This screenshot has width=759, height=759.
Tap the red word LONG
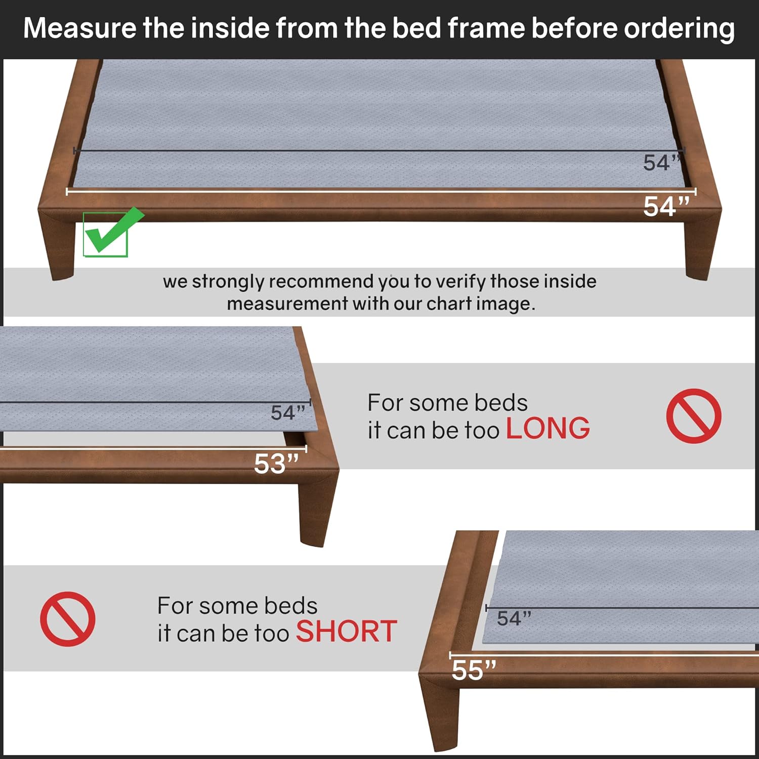pos(547,429)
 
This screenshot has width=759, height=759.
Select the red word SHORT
pos(346,631)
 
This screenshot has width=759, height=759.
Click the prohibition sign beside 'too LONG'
pos(693,416)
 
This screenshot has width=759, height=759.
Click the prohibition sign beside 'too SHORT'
pos(68,618)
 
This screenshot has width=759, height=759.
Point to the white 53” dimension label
pos(276,463)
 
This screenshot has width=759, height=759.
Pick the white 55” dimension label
pos(474,670)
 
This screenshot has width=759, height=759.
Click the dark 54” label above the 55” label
pos(514,618)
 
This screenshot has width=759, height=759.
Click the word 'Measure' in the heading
pos(79,28)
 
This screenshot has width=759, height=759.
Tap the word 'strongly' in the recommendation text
pos(228,282)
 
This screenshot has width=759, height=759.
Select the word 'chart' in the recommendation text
pos(447,304)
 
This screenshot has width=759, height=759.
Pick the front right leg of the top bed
pos(702,248)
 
